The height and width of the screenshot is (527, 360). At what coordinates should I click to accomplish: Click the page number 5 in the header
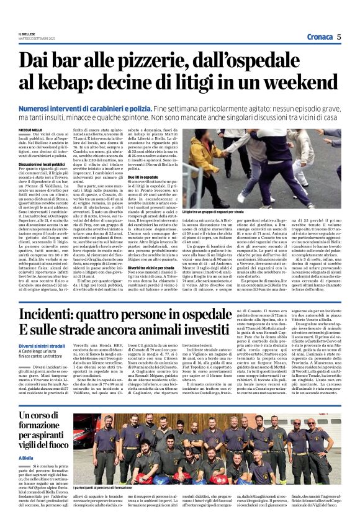coord(340,37)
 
